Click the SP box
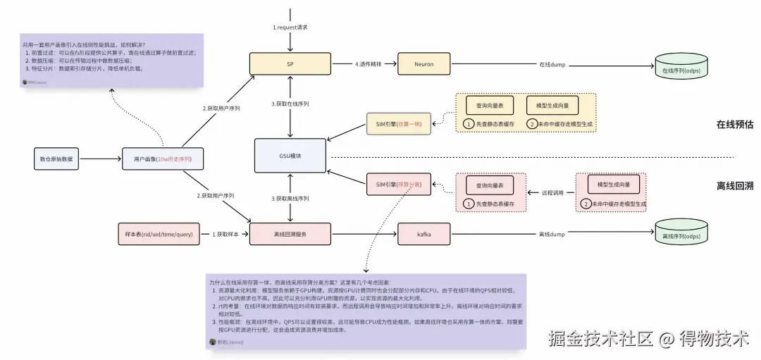tap(290, 64)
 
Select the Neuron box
tap(423, 64)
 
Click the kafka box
tap(423, 233)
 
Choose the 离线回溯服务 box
tap(290, 233)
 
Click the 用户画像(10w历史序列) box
tap(162, 159)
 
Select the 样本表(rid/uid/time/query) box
tap(154, 233)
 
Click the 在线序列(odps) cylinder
tap(681, 69)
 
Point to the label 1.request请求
tap(290, 27)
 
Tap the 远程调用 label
tap(552, 192)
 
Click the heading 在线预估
tap(735, 125)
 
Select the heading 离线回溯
tap(735, 186)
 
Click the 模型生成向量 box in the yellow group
tap(552, 105)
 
